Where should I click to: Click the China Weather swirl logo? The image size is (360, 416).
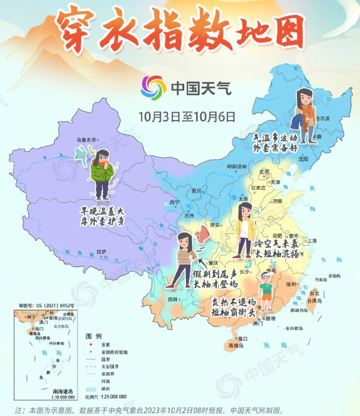(154, 88)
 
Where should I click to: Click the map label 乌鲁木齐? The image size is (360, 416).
(86, 140)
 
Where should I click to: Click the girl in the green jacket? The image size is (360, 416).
(102, 174)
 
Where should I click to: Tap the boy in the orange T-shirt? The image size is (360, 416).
(266, 289)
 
